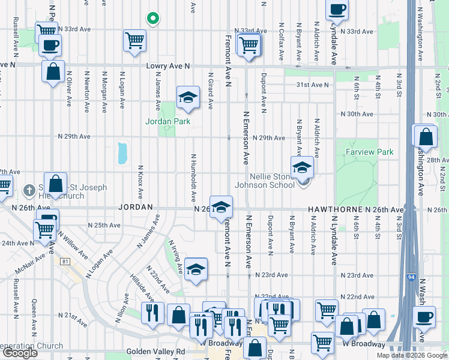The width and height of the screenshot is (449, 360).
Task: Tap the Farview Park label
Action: tap(370, 152)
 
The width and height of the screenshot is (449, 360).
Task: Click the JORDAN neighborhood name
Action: tap(135, 206)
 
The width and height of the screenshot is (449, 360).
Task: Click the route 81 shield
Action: tap(65, 261)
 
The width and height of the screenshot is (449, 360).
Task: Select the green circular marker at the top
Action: tap(152, 19)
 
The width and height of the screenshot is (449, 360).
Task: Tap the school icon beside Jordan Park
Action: tap(188, 97)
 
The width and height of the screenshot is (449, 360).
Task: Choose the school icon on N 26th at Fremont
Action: tap(221, 206)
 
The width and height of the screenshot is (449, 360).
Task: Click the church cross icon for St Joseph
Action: tap(28, 191)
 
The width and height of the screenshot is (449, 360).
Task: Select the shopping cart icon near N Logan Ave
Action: tap(134, 40)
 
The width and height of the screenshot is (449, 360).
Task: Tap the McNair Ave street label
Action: tap(31, 259)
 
